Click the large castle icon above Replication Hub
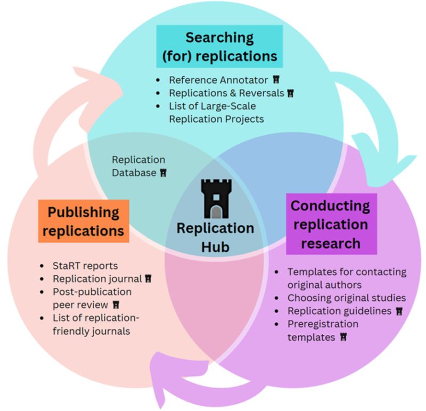(x=216, y=199)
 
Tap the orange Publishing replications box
(x=84, y=221)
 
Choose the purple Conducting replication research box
(x=330, y=224)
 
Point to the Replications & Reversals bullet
(x=227, y=93)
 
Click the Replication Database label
(x=138, y=166)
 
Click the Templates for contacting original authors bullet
(x=346, y=278)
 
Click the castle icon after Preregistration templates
(x=343, y=337)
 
